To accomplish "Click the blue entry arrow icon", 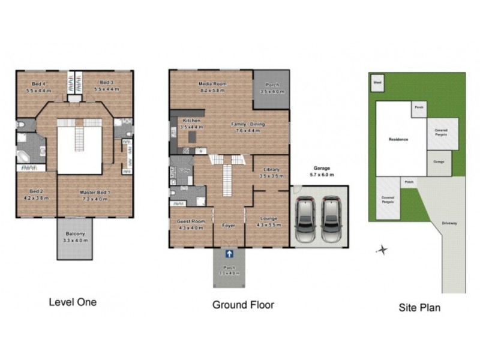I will (x=229, y=255).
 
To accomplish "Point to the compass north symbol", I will (x=382, y=249).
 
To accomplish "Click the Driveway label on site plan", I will (x=449, y=223).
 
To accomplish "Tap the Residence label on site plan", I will (x=398, y=139).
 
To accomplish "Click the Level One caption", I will (x=73, y=302).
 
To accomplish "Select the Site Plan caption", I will (x=419, y=308).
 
